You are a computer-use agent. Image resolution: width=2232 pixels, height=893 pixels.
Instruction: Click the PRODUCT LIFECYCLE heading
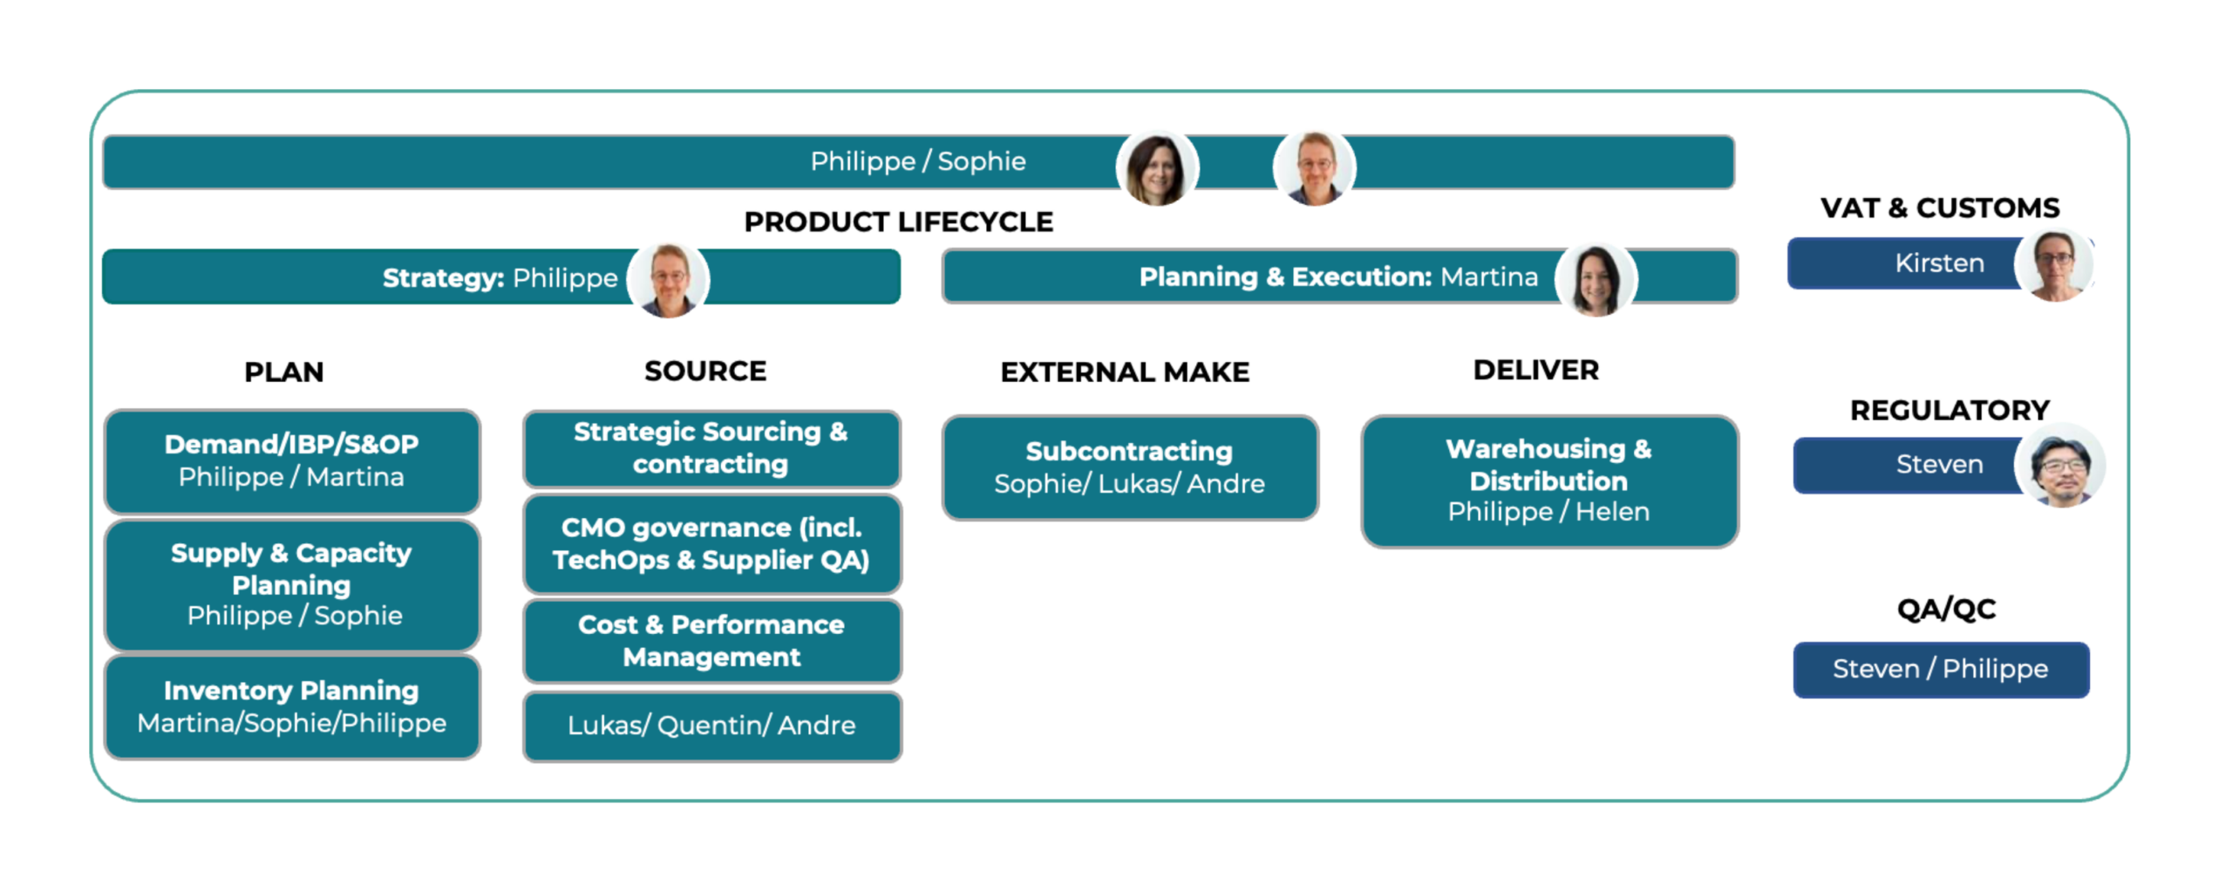pyautogui.click(x=898, y=222)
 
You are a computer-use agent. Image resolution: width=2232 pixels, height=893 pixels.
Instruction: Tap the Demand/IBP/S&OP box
pyautogui.click(x=292, y=460)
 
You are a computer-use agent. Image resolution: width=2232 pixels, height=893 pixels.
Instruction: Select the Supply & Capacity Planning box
pyautogui.click(x=292, y=584)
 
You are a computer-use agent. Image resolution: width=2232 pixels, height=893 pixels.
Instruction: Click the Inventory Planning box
pyautogui.click(x=292, y=706)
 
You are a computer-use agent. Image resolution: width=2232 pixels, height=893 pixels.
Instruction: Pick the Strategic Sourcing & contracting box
pyautogui.click(x=711, y=448)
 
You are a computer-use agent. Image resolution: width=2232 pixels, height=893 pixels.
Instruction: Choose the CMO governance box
pyautogui.click(x=711, y=543)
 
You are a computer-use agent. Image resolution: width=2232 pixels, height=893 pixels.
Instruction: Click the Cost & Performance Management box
pyautogui.click(x=711, y=641)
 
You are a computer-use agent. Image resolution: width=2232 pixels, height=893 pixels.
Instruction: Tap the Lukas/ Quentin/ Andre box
pyautogui.click(x=711, y=726)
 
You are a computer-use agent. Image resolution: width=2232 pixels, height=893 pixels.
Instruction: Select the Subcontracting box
pyautogui.click(x=1130, y=467)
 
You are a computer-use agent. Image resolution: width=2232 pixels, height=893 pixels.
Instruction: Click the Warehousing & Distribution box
pyautogui.click(x=1549, y=481)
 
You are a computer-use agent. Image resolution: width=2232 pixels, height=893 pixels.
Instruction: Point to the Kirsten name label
pyautogui.click(x=1939, y=263)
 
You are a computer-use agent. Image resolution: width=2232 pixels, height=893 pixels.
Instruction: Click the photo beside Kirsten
pyautogui.click(x=2056, y=265)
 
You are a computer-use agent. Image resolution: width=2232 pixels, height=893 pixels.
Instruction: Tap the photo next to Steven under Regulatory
pyautogui.click(x=2061, y=466)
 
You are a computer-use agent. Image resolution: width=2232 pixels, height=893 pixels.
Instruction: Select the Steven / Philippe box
pyautogui.click(x=1941, y=669)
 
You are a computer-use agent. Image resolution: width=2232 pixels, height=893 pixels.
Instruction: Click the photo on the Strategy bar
pyautogui.click(x=669, y=280)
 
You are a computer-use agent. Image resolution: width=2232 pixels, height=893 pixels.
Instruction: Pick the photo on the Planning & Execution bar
pyautogui.click(x=1596, y=280)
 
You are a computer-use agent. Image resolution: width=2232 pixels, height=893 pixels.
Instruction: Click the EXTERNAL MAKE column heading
pyautogui.click(x=1125, y=372)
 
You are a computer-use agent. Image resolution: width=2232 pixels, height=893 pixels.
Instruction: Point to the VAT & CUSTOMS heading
pyautogui.click(x=1940, y=208)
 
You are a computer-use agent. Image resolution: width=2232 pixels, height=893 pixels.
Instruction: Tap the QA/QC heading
pyautogui.click(x=1946, y=609)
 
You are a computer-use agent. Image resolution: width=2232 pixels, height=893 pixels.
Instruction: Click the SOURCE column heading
pyautogui.click(x=705, y=372)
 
